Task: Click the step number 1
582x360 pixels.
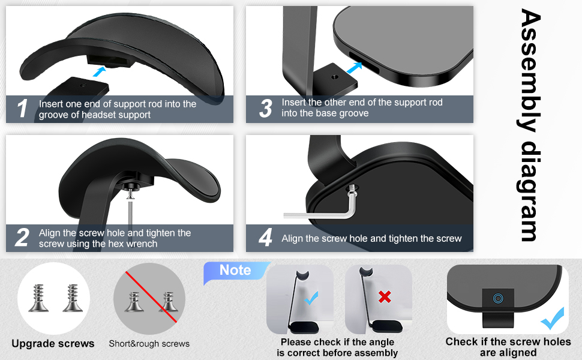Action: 23,109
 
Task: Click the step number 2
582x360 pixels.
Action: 22,238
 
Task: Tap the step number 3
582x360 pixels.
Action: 265,108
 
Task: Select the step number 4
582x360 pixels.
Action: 265,238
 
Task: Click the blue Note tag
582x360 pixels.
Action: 235,271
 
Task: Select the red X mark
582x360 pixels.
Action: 385,296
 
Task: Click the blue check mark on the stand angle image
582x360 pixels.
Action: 311,298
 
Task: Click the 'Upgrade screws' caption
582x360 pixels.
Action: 53,344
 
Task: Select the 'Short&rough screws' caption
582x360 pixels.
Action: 149,344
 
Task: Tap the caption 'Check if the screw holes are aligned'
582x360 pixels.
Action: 508,347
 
